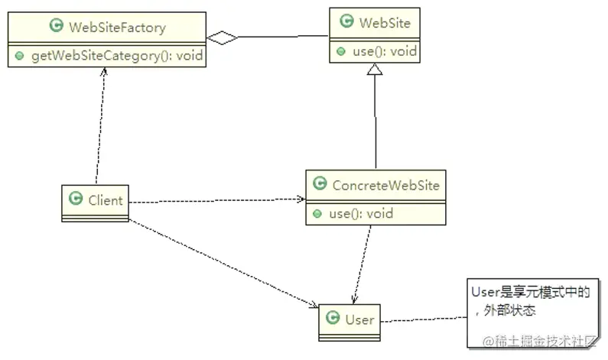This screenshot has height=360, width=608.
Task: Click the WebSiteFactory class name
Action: click(118, 28)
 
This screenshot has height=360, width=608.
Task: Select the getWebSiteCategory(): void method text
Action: click(117, 56)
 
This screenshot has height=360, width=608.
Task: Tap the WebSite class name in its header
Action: click(385, 23)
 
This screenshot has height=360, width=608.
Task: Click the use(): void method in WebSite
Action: click(385, 51)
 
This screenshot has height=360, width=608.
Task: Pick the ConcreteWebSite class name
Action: click(385, 185)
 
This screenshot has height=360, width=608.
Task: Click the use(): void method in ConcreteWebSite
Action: click(361, 213)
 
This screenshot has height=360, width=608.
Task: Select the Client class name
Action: click(105, 200)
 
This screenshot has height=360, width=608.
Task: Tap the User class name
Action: click(360, 319)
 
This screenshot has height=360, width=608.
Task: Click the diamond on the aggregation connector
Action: click(223, 37)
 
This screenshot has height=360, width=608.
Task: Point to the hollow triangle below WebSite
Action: click(375, 69)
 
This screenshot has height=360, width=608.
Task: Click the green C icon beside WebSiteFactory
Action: click(57, 25)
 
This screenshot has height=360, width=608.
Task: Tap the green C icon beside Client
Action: click(76, 199)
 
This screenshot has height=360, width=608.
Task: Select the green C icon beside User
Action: click(333, 317)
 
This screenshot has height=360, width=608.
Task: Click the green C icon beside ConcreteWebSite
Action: click(320, 183)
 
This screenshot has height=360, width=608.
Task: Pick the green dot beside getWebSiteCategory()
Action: click(19, 57)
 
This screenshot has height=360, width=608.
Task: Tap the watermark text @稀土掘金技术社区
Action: click(539, 342)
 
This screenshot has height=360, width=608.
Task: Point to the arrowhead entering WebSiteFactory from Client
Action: click(103, 72)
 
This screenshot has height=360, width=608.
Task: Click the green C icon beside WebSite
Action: click(346, 21)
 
